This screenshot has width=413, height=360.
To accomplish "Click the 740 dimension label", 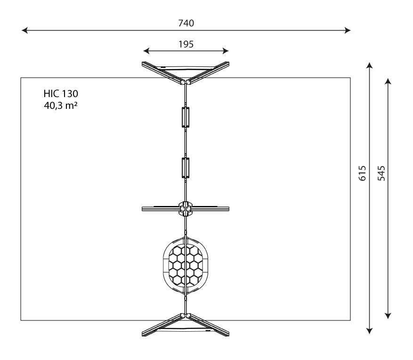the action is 186,23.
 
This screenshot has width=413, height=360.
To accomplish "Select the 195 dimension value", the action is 186,44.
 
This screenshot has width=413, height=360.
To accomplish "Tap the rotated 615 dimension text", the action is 363,173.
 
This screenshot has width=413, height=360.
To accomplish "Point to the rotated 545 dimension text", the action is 381,173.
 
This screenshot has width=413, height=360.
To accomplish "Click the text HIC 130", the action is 61,94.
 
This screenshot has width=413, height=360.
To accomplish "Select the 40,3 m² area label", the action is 61,106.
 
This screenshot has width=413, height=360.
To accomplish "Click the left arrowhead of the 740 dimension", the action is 24,30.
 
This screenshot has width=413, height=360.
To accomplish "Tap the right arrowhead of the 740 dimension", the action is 348,30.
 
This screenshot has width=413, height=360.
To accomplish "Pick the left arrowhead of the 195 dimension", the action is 146,51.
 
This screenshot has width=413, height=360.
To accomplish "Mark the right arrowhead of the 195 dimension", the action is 226,51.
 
